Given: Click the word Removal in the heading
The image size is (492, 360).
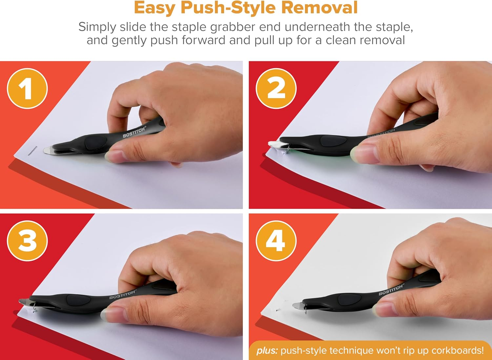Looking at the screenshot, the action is [319, 8].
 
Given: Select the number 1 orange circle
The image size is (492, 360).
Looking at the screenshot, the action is [27, 88].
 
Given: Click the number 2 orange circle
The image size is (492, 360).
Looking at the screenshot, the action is [276, 88].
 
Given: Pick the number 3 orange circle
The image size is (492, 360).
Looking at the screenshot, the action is [27, 241].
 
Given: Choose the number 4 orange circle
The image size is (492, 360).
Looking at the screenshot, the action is [276, 241].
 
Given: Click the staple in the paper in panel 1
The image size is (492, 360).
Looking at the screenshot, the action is [32, 151].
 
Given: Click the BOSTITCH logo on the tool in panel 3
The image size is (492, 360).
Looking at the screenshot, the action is [123, 294].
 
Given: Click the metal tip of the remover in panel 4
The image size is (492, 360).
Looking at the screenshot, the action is [298, 305].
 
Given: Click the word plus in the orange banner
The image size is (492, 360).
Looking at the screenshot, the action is [267, 350].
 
